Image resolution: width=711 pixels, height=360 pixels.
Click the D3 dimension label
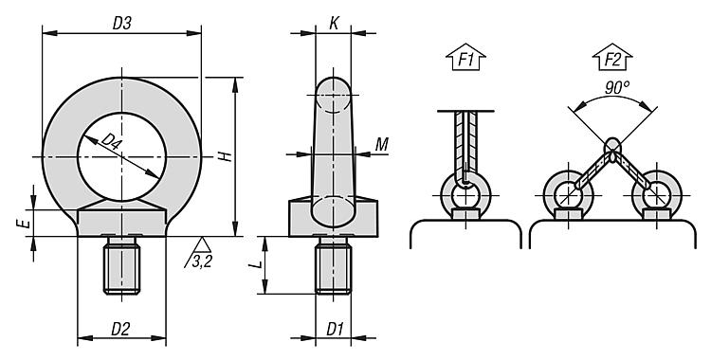tap(121, 23)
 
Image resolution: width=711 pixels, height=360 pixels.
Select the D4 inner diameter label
tap(112, 142)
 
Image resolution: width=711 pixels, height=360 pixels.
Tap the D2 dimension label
tap(120, 329)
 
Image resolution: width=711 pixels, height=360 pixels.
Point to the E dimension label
tap(26, 223)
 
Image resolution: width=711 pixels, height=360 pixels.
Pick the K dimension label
tap(334, 24)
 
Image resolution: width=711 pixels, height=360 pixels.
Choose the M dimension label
tap(382, 144)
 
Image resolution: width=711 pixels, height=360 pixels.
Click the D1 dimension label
tap(335, 329)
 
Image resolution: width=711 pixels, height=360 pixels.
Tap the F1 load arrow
tap(465, 58)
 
